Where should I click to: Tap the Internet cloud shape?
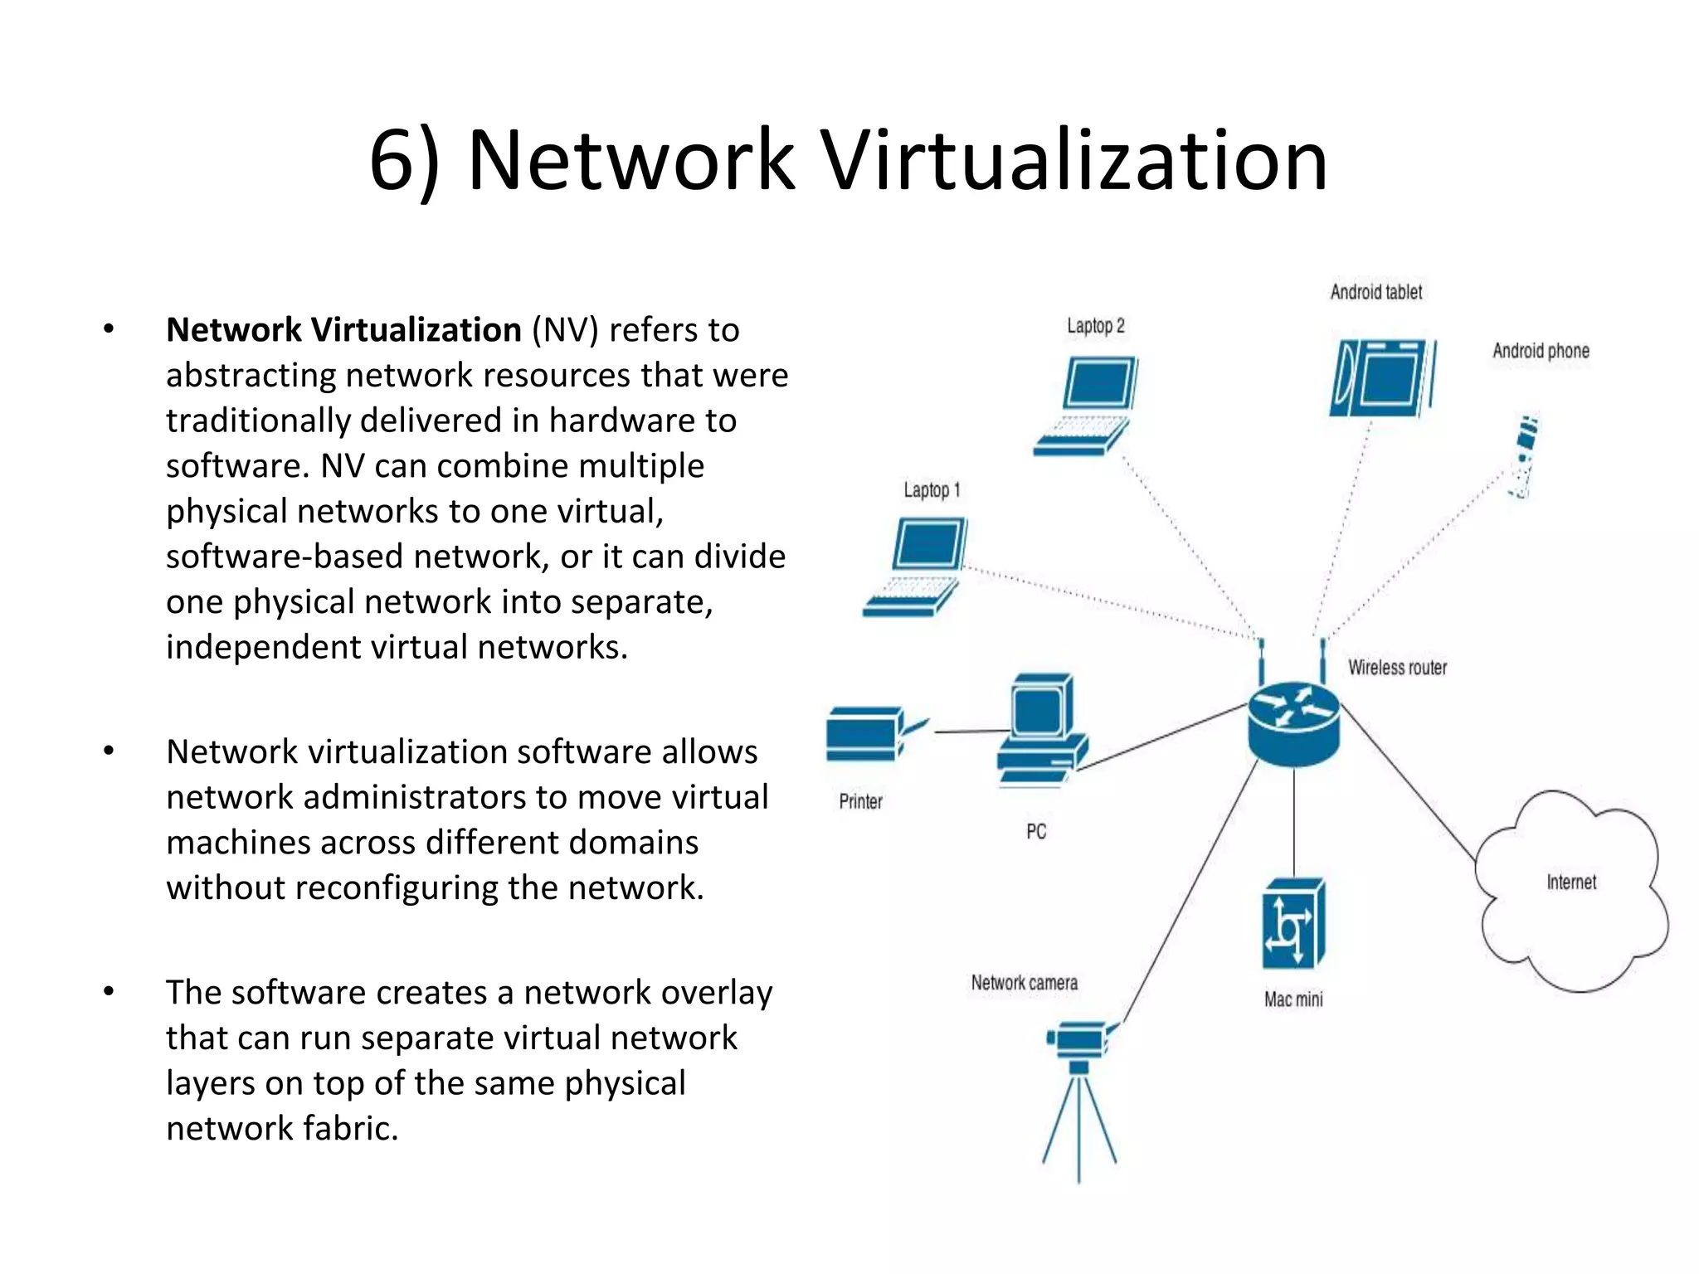click(1570, 892)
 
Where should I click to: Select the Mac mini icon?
click(1293, 924)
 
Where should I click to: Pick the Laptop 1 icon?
click(917, 566)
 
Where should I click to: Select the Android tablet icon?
click(1382, 377)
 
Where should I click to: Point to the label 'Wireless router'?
click(1397, 668)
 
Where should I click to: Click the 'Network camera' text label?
click(1024, 983)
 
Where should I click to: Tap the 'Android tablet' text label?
click(1375, 292)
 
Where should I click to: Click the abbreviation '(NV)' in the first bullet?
click(564, 330)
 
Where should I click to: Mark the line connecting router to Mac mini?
click(1293, 821)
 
